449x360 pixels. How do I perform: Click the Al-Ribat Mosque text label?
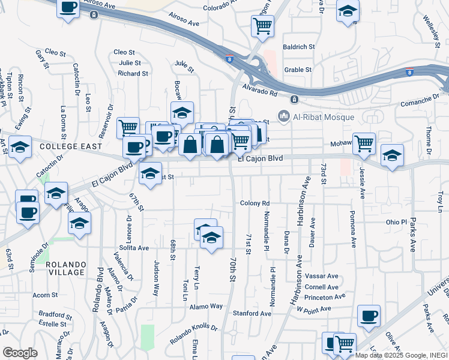(x=324, y=116)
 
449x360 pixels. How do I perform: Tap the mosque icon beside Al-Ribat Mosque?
(x=283, y=116)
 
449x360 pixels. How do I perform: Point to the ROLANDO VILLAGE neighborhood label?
(x=67, y=268)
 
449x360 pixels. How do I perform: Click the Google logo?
(x=20, y=352)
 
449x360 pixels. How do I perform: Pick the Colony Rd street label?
(x=255, y=203)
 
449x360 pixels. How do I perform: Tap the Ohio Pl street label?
(x=397, y=222)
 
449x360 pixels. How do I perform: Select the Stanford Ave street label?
(x=252, y=313)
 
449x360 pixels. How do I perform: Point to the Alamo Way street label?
(x=207, y=306)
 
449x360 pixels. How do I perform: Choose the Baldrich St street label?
(x=299, y=46)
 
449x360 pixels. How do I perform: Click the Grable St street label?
(x=298, y=70)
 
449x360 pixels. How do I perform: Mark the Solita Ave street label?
(x=134, y=247)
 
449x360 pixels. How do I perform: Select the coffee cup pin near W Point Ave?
(x=369, y=315)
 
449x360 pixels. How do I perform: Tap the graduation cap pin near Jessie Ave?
(x=392, y=155)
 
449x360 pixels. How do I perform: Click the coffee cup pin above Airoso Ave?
(x=68, y=8)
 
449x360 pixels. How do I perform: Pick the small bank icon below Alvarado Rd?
(x=294, y=99)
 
